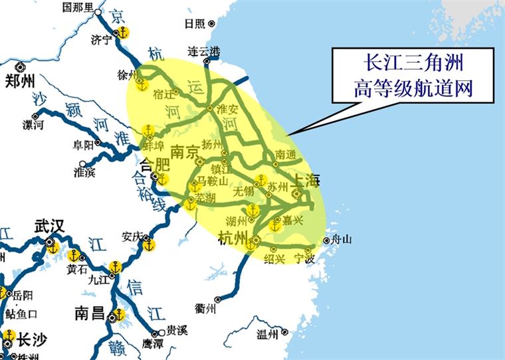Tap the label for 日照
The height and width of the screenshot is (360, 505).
pyautogui.click(x=195, y=23)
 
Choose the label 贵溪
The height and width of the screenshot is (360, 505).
pyautogui.click(x=177, y=329)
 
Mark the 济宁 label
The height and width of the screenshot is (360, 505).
pyautogui.click(x=101, y=40)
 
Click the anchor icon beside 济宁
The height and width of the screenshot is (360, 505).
pyautogui.click(x=123, y=33)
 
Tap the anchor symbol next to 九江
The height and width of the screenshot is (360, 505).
pyautogui.click(x=116, y=267)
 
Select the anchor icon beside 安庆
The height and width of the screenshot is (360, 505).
pyautogui.click(x=150, y=246)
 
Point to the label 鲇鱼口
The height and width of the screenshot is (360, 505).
pyautogui.click(x=21, y=314)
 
